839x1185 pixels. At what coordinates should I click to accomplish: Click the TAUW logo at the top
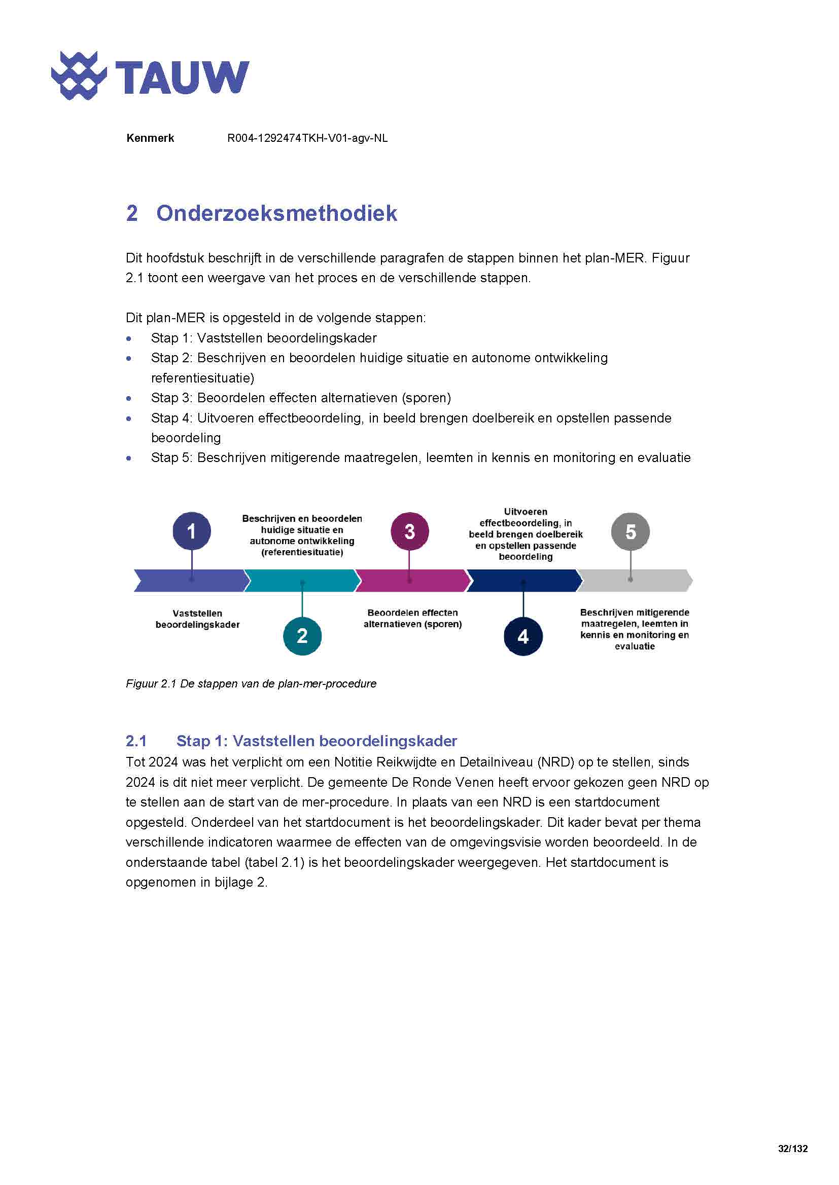(150, 77)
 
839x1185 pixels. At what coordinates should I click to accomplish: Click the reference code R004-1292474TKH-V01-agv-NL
(307, 138)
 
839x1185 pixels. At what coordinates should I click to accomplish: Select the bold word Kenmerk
(150, 138)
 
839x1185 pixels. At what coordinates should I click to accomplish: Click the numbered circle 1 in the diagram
(192, 531)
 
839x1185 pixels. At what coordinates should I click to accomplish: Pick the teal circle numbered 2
(302, 636)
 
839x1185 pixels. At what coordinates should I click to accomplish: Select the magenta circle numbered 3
(409, 531)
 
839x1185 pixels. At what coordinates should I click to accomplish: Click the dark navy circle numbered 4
(523, 636)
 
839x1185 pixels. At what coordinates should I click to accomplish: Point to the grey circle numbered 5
(631, 531)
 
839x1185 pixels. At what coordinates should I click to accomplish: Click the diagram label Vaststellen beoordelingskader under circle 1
(197, 619)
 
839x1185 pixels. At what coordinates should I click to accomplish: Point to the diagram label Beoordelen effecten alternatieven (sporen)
(412, 618)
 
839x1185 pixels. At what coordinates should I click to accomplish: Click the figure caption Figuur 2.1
(251, 684)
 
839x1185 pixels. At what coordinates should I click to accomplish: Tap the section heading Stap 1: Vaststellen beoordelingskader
(316, 741)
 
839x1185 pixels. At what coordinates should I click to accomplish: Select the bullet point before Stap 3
(129, 398)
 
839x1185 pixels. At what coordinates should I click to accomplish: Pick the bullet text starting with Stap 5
(420, 458)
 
